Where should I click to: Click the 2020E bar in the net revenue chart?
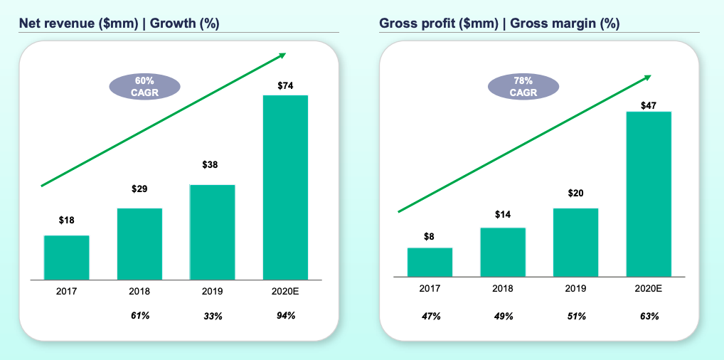point(285,186)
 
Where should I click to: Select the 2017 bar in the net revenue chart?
point(66,257)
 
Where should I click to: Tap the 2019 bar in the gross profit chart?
point(575,242)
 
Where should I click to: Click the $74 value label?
point(285,85)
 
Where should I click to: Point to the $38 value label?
point(211,164)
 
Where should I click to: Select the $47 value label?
point(649,105)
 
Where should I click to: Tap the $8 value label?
point(430,236)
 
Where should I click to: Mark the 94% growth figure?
point(285,315)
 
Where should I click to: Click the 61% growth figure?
point(140,315)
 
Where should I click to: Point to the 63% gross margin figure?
point(649,316)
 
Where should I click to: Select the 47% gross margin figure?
point(430,316)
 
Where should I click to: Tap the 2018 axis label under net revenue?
point(140,291)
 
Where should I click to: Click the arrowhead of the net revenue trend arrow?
point(282,55)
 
